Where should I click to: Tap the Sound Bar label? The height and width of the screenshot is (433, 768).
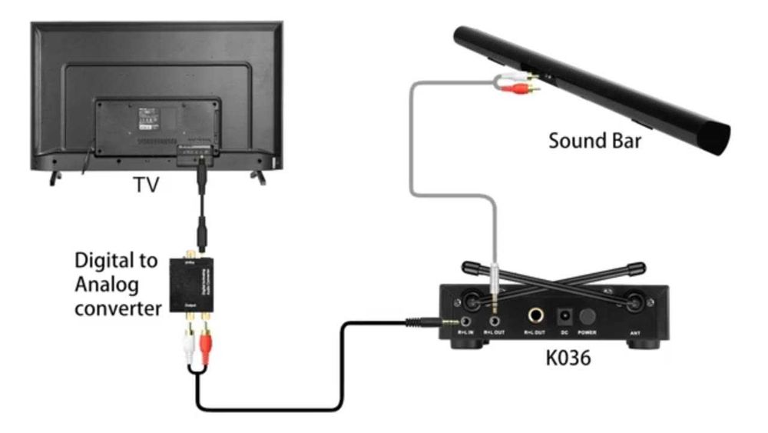point(595,142)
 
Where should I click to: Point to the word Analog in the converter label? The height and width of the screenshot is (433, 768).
point(107,285)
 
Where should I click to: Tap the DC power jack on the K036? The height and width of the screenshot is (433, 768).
point(564,315)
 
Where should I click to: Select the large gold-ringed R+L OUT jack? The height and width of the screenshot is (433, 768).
point(533,315)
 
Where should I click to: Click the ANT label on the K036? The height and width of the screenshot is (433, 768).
point(634,332)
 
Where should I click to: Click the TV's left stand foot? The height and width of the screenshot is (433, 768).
point(55,177)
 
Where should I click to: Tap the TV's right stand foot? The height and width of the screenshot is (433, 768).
point(259,177)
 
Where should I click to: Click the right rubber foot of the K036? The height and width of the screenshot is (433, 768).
point(644,341)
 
